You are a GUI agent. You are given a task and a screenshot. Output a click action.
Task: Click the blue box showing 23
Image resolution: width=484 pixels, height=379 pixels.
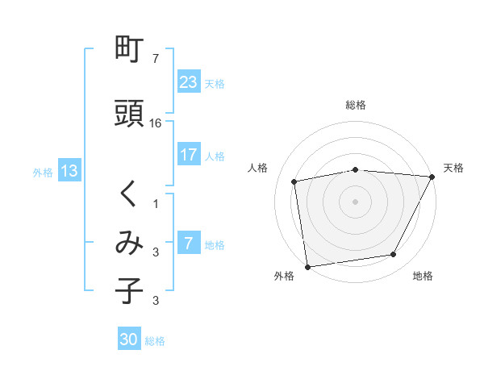pos(188,82)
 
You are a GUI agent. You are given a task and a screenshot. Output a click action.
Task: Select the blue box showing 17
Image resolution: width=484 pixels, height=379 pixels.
pos(188,155)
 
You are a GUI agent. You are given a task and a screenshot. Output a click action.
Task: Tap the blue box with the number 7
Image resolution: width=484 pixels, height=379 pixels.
pos(188,244)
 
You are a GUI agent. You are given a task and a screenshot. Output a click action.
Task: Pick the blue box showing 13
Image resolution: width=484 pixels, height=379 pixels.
pos(69,171)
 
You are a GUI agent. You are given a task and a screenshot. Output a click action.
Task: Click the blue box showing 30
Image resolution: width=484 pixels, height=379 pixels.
pos(129,339)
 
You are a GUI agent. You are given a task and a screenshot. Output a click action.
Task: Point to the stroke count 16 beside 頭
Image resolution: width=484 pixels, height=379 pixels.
pos(156,123)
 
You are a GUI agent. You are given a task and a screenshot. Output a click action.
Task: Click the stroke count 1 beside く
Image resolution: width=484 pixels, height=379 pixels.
pos(156,203)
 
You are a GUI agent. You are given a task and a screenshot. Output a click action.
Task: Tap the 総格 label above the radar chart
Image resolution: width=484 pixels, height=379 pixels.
pos(356,105)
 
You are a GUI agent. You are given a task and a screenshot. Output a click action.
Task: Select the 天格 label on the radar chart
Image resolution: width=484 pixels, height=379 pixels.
pos(453,168)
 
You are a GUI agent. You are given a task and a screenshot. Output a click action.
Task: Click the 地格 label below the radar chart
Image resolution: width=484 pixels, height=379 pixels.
pos(423,277)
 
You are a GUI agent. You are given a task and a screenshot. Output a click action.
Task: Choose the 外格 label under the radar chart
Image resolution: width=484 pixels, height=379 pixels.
pos(284,277)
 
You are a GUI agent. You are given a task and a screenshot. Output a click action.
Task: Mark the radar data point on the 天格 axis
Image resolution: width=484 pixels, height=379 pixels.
pos(433,177)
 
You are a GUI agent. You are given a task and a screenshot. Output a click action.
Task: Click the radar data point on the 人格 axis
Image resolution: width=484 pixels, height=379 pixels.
pos(294,181)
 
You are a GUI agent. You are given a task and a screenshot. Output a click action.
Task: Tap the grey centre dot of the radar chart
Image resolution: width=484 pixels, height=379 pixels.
pos(356,201)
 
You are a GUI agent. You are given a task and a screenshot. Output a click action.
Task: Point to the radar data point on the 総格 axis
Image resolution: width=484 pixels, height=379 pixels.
pos(356,169)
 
